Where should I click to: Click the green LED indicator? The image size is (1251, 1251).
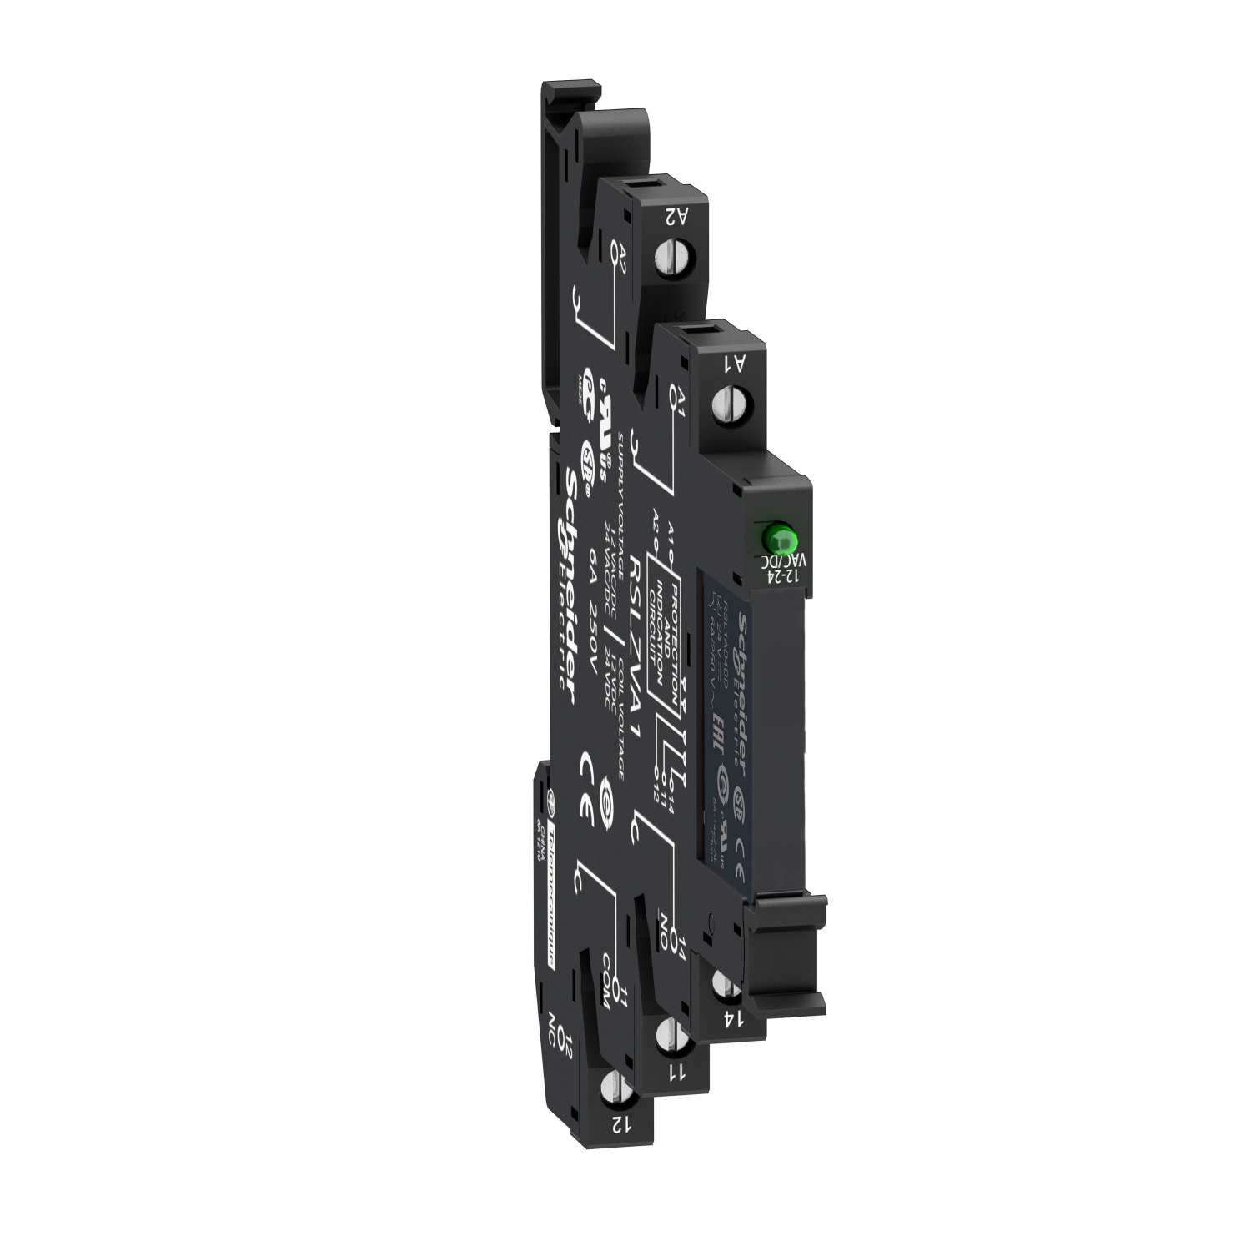click(777, 536)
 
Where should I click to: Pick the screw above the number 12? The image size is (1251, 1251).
click(613, 1089)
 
